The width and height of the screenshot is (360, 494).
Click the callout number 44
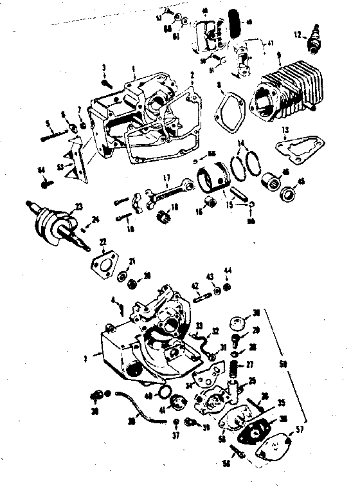point(228,270)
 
